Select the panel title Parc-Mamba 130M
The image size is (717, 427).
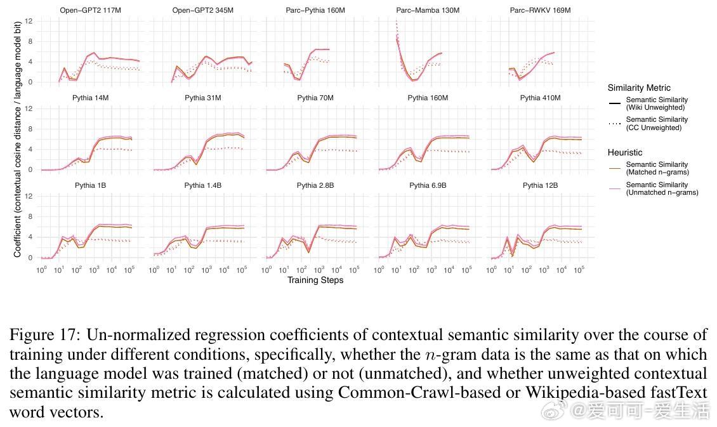428,11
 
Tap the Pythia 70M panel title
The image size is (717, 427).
315,98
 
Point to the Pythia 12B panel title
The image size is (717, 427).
540,186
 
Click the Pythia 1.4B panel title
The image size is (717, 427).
202,186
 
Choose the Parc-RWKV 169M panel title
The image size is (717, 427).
540,11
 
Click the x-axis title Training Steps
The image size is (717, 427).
315,280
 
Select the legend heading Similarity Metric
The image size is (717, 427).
638,88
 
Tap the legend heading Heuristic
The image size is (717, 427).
624,153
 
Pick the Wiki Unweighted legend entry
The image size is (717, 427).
656,103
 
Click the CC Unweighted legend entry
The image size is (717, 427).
656,123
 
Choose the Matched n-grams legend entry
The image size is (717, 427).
657,168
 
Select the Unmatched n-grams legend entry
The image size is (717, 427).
661,188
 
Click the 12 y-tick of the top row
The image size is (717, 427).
29,22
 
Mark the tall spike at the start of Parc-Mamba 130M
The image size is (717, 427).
397,25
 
